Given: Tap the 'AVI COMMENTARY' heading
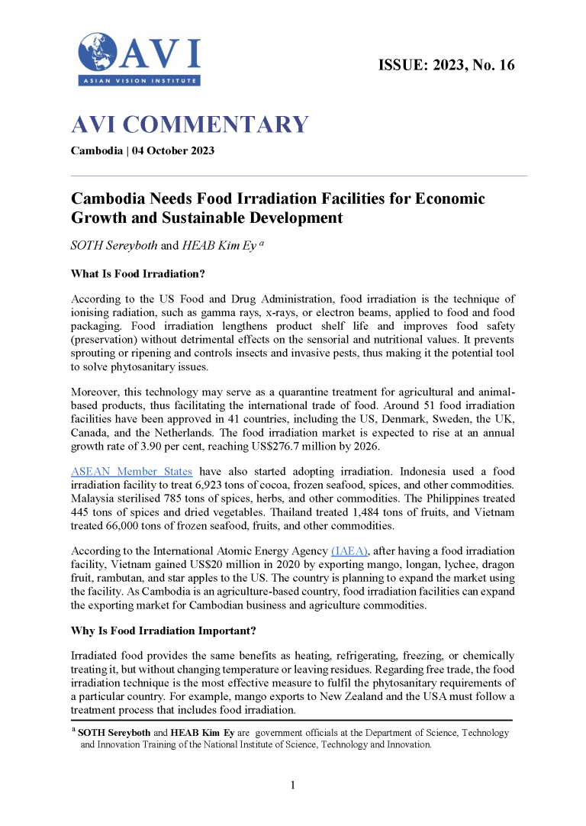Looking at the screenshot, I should pos(189,124).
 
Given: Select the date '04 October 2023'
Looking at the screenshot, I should pos(173,150).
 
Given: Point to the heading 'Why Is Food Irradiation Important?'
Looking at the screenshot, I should pos(163,633).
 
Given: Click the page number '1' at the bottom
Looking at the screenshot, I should pos(293,786).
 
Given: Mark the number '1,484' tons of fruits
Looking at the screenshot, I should pos(368,512).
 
